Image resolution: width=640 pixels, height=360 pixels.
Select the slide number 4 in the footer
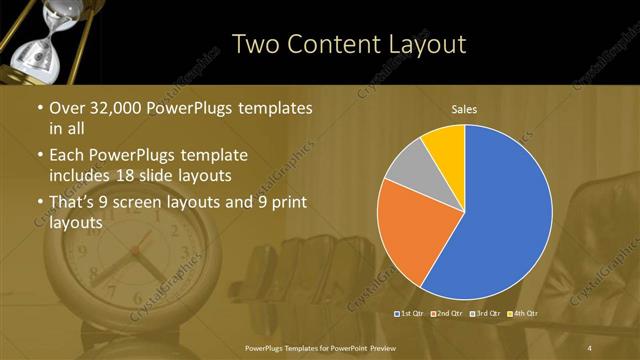[x=590, y=348]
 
